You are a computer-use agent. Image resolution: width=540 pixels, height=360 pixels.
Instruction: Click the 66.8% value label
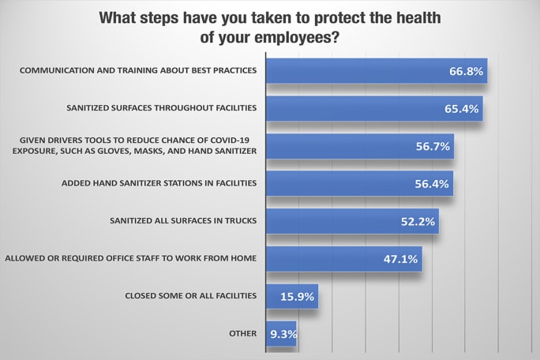(x=464, y=72)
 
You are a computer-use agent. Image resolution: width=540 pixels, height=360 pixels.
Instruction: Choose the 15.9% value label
(x=297, y=297)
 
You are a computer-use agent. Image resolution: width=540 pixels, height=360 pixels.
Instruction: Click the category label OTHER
(x=244, y=333)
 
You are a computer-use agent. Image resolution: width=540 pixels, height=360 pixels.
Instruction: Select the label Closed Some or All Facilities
(x=191, y=296)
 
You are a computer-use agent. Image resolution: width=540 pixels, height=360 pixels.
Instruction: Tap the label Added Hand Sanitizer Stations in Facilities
(x=159, y=183)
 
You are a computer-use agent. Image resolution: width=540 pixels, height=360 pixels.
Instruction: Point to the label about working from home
(x=131, y=258)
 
